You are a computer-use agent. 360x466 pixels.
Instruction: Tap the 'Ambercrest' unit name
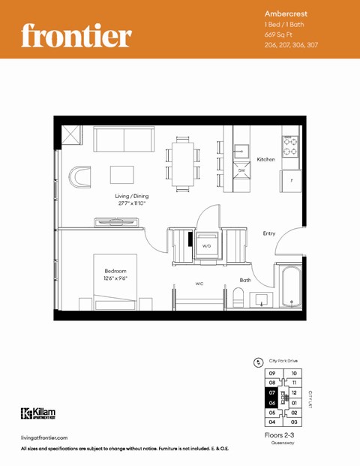point(286,14)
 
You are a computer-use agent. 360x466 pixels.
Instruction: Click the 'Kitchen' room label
point(265,160)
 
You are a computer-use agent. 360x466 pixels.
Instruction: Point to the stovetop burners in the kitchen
point(290,141)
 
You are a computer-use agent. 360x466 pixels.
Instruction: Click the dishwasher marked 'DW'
point(241,172)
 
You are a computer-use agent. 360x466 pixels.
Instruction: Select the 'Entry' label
point(268,233)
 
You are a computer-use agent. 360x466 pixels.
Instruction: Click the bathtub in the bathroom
point(290,289)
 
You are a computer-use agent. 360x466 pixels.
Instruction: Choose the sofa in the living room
point(124,140)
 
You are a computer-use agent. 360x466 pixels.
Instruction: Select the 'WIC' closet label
point(199,284)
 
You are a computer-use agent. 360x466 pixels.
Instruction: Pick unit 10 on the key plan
point(295,373)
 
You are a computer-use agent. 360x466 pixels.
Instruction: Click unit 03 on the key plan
point(295,422)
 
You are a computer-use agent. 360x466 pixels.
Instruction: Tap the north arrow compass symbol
point(259,360)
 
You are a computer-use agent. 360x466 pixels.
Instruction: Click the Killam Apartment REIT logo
point(38,413)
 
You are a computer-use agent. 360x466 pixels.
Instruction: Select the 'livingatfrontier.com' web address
point(45,437)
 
